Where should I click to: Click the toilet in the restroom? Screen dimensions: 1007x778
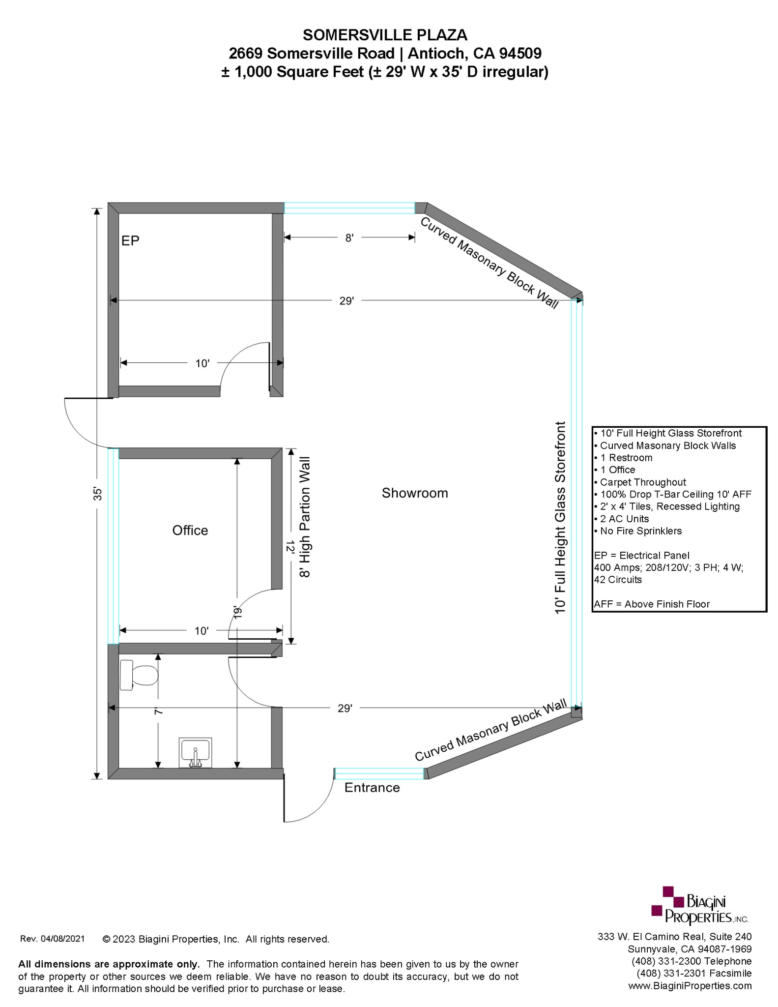pos(140,675)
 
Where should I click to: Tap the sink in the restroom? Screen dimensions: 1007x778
pos(195,752)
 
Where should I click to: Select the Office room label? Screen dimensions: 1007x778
pos(190,531)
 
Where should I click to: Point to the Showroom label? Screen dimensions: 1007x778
pos(415,493)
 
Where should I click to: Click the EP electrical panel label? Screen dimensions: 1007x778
pos(130,240)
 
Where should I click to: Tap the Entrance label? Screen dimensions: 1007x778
pos(372,788)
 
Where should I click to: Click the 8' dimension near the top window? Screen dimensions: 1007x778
pos(349,238)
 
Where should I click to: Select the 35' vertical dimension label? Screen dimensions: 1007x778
pos(98,494)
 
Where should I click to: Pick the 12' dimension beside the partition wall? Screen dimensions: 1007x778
pos(291,547)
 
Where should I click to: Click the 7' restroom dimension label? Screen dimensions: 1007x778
pos(158,711)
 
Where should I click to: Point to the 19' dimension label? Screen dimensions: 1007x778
pos(238,612)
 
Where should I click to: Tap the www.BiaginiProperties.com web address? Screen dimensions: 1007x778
pos(690,985)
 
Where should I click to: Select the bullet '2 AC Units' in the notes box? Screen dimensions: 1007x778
pos(624,519)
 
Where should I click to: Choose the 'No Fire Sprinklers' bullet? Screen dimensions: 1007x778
pos(640,531)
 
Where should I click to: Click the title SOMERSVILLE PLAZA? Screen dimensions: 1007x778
pos(385,35)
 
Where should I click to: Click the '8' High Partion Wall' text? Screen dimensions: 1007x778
pos(305,517)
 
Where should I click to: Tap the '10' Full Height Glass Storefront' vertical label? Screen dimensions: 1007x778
pos(560,517)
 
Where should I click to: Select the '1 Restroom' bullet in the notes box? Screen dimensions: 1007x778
pos(626,458)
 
